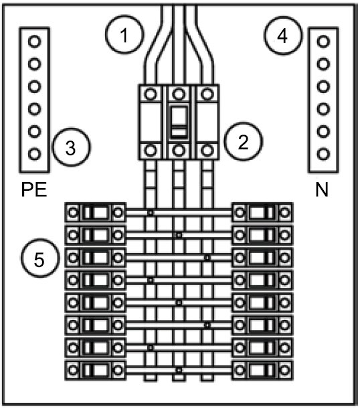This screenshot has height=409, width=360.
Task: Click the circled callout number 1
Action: tap(124, 35)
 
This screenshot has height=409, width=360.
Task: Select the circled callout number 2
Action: tap(244, 141)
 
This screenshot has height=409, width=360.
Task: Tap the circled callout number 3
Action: tap(71, 147)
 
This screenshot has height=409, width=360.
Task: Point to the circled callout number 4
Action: tap(282, 35)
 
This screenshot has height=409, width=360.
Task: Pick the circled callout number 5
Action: tap(40, 258)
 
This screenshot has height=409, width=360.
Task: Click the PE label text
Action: tap(34, 189)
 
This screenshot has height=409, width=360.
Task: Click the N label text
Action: tap(322, 189)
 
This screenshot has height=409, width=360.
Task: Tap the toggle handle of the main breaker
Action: tap(179, 122)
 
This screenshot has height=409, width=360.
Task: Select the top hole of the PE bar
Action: tap(34, 42)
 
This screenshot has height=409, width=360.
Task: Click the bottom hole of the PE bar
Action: tap(34, 154)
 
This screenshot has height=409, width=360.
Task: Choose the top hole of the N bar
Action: tap(323, 42)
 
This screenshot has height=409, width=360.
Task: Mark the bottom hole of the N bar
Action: tap(323, 154)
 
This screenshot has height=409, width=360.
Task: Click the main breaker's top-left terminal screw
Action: tap(150, 94)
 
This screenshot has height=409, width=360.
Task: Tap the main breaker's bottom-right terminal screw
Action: tap(207, 150)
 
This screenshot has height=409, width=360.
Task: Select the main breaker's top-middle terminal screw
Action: tap(179, 94)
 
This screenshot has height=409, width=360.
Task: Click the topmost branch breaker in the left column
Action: tap(96, 212)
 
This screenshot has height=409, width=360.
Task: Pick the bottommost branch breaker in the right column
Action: tap(262, 370)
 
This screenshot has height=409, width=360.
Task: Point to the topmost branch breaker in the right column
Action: tap(262, 212)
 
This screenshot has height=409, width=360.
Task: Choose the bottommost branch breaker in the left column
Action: tap(96, 370)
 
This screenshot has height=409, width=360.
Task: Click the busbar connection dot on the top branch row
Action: tap(150, 213)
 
